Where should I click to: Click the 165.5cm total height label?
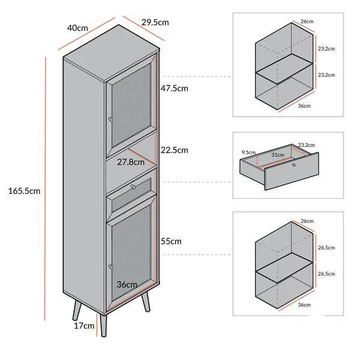(x=24, y=191)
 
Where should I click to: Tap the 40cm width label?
(x=78, y=28)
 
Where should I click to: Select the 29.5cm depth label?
(x=155, y=22)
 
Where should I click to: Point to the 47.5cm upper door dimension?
(x=174, y=88)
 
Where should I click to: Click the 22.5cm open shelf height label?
(x=174, y=150)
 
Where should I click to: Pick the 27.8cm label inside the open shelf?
(x=131, y=162)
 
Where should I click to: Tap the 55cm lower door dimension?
(x=171, y=241)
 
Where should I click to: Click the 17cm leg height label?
(x=84, y=326)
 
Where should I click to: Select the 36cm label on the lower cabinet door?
(x=127, y=285)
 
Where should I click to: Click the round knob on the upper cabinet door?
(x=111, y=119)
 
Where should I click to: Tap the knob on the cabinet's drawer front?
(x=134, y=187)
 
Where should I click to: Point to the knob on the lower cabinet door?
(x=111, y=267)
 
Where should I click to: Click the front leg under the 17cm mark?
(x=103, y=325)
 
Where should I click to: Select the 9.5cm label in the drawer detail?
(x=248, y=152)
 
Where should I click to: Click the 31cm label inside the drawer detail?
(x=277, y=155)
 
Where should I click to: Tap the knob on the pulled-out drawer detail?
(x=294, y=165)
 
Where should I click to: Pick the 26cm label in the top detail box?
(x=307, y=22)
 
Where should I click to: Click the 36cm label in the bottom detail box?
(x=304, y=305)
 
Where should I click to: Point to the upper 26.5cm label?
(x=326, y=247)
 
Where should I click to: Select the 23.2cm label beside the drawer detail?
(x=306, y=145)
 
